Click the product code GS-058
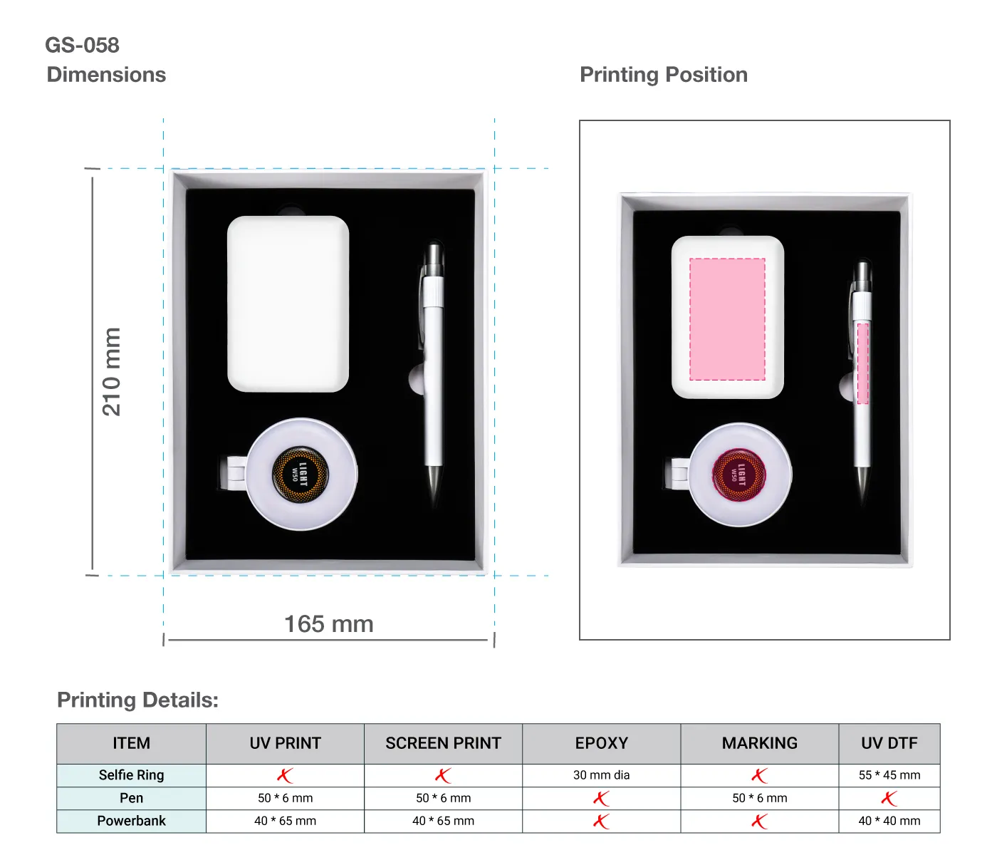82,45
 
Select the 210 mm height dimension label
112,371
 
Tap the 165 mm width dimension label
328,624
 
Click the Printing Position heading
663,75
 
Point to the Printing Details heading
137,700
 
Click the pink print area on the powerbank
727,318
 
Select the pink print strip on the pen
862,363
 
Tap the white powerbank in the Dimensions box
288,304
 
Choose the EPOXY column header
601,743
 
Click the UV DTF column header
889,743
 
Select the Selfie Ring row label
131,775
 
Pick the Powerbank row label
131,821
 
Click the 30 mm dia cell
601,775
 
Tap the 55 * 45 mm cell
889,775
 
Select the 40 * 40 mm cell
889,821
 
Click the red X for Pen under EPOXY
601,799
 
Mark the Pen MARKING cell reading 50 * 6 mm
759,798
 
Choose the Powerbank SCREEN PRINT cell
443,821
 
